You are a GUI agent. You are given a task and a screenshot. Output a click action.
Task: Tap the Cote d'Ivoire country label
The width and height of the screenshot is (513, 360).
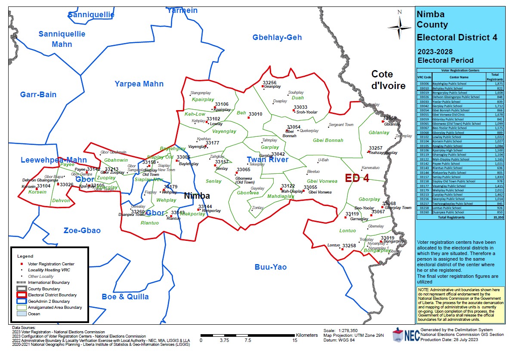coord(388,80)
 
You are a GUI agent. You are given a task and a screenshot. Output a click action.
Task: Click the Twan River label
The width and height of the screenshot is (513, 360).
coord(267,160)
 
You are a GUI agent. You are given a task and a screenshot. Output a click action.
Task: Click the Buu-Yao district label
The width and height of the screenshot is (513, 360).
coord(270,267)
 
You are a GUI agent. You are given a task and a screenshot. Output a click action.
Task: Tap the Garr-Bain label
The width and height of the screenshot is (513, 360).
coord(38,95)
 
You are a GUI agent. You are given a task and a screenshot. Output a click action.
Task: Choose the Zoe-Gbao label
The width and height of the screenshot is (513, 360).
coord(82,231)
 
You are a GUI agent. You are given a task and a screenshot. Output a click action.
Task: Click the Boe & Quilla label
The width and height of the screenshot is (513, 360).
coord(125,297)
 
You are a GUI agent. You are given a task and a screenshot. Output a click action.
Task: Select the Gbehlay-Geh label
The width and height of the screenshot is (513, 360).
coord(277,38)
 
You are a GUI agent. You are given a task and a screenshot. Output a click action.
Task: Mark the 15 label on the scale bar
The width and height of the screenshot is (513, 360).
coord(295,340)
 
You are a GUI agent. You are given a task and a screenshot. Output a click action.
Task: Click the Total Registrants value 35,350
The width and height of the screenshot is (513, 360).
coord(498,218)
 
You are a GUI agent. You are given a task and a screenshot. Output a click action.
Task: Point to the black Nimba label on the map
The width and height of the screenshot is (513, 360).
coord(197,196)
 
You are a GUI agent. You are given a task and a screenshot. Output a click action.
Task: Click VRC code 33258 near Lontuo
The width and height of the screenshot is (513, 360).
coord(349,246)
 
